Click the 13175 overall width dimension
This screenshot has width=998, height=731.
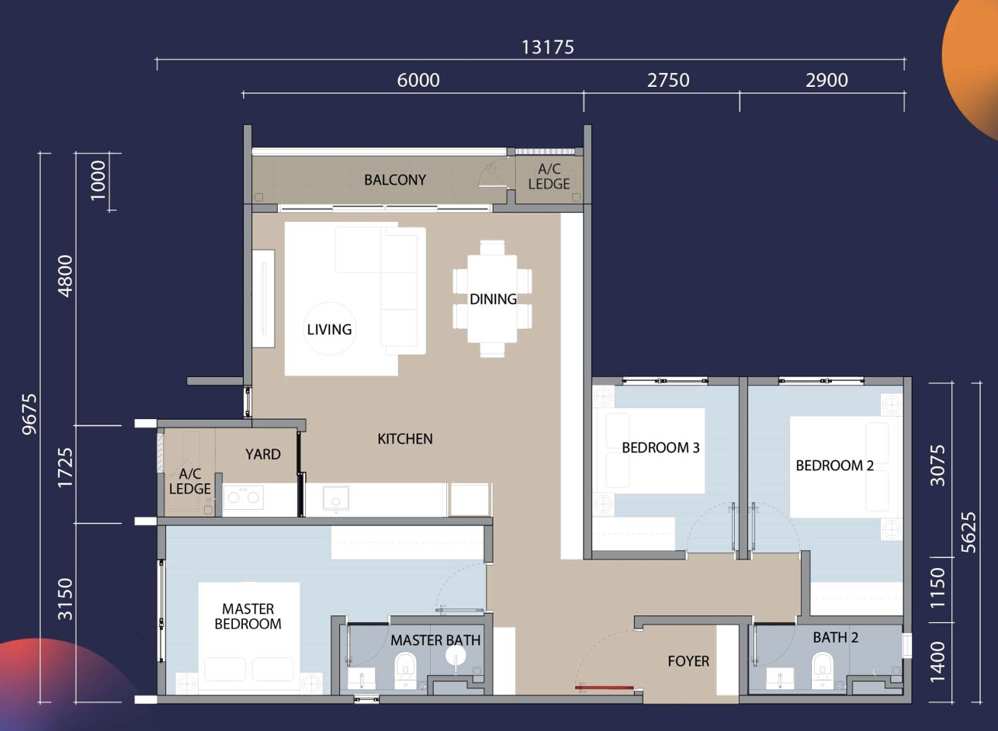pos(548,47)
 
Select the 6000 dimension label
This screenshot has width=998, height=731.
pos(418,80)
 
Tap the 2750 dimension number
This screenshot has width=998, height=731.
pos(668,80)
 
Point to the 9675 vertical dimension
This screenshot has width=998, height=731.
pos(29,414)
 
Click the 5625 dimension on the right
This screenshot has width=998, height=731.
pos(969,532)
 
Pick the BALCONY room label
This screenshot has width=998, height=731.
pos(395,180)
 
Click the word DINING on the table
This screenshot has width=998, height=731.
pos(493,299)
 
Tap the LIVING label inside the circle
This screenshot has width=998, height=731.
pos(329,330)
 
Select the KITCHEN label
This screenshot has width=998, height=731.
pos(405,439)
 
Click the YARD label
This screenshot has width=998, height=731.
pos(263,455)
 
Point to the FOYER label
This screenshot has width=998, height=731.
pos(688,661)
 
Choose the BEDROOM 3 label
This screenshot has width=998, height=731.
pos(660,448)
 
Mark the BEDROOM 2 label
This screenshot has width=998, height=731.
pos(834,466)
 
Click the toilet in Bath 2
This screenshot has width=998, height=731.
pos(823,668)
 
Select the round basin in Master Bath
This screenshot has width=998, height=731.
pos(456,655)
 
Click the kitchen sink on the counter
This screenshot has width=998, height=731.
pos(336,497)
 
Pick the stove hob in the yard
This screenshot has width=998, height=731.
pos(243,497)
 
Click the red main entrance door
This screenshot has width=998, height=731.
pos(604,688)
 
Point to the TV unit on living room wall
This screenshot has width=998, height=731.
pos(263,298)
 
